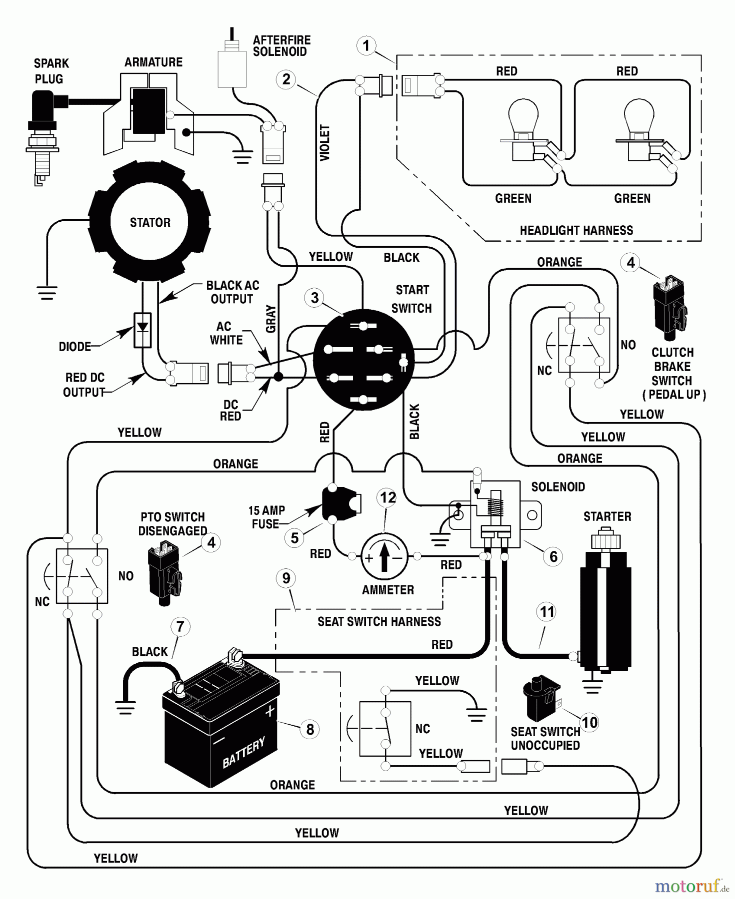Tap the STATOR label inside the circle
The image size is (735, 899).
(x=150, y=223)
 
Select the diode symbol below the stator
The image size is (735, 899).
(x=142, y=330)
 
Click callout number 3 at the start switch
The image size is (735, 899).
(x=314, y=298)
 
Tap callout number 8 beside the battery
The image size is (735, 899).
(x=310, y=729)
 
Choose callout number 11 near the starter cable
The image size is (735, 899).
(x=547, y=612)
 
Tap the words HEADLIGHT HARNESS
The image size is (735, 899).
(x=576, y=231)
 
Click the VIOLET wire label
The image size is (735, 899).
(x=325, y=143)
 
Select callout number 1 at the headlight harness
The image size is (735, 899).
(x=366, y=46)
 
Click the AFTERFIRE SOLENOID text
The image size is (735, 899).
(x=281, y=46)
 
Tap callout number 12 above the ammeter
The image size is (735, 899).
(x=388, y=497)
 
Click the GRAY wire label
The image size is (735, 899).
(x=271, y=319)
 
